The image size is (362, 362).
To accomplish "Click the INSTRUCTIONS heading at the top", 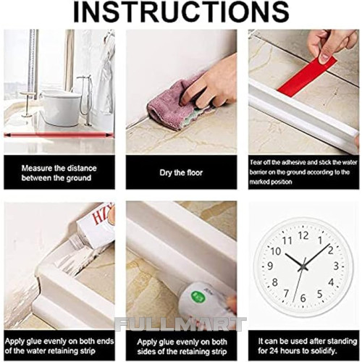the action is pyautogui.click(x=181, y=12).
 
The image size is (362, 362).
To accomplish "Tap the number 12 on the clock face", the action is pyautogui.click(x=303, y=235).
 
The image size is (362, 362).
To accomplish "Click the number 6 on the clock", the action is pyautogui.click(x=303, y=298).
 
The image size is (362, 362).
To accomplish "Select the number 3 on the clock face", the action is pyautogui.click(x=336, y=266).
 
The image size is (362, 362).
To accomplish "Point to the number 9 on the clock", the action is pyautogui.click(x=270, y=266).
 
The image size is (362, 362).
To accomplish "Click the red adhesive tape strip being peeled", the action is pyautogui.click(x=306, y=77).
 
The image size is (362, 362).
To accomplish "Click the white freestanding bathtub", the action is pyautogui.click(x=61, y=107).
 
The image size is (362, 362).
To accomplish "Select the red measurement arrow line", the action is pyautogui.click(x=59, y=135).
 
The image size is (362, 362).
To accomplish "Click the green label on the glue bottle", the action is pyautogui.click(x=198, y=296).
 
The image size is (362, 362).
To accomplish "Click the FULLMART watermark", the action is pyautogui.click(x=180, y=324).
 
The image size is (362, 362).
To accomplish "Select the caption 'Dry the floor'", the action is pyautogui.click(x=181, y=173).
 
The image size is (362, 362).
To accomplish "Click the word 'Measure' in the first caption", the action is pyautogui.click(x=37, y=168).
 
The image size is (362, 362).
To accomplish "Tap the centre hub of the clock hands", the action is pyautogui.click(x=303, y=267).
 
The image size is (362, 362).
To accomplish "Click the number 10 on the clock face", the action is pyautogui.click(x=275, y=251).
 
